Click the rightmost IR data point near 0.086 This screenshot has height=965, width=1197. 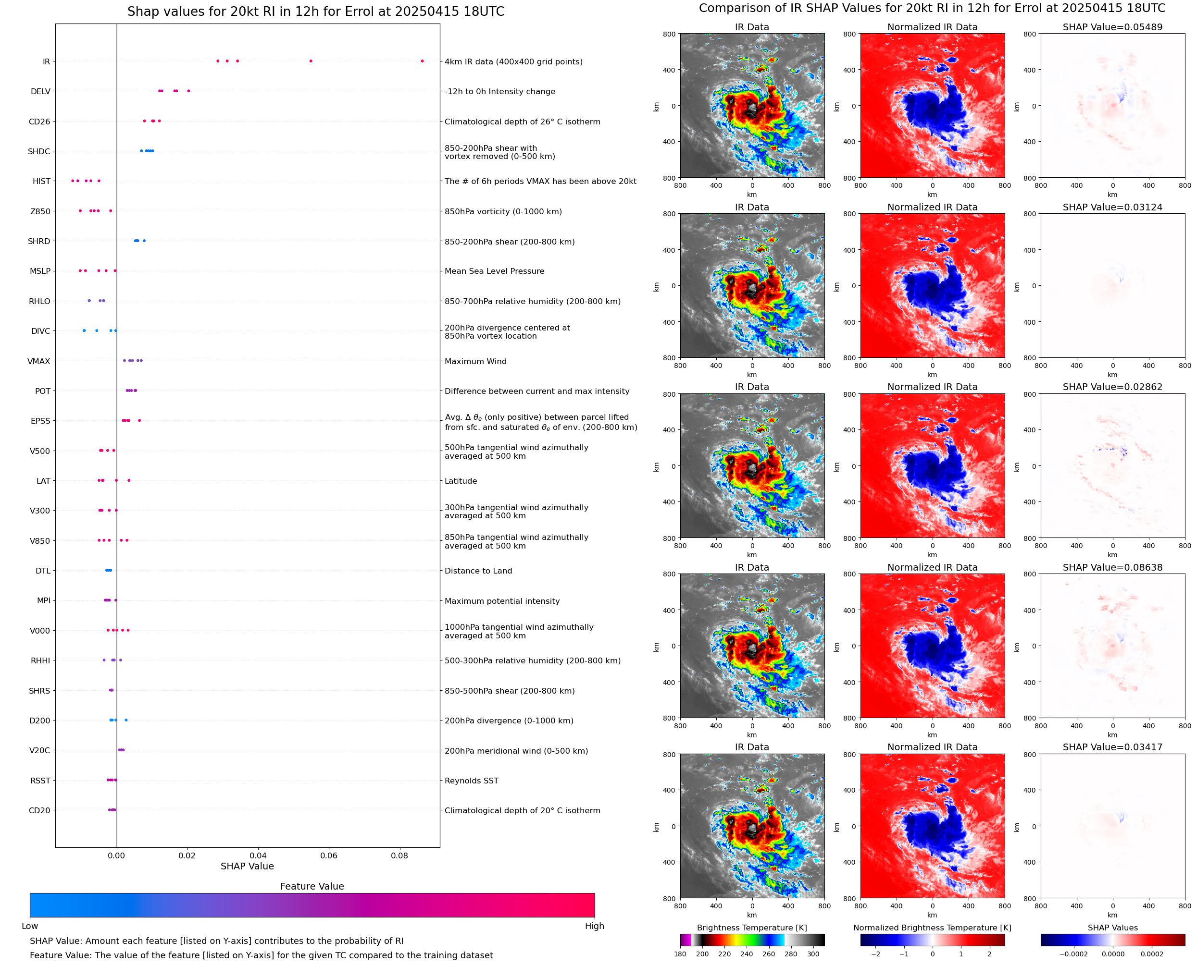tap(422, 61)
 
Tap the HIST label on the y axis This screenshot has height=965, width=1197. tap(41, 181)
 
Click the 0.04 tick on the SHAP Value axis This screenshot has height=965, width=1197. tap(258, 855)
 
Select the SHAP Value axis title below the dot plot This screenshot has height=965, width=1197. tap(247, 866)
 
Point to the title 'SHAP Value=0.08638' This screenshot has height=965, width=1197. tap(1112, 568)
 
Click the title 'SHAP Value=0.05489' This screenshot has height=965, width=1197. tap(1112, 27)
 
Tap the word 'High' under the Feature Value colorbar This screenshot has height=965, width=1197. tap(594, 926)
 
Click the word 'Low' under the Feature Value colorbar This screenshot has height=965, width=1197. tap(29, 926)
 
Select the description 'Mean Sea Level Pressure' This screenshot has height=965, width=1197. tap(494, 271)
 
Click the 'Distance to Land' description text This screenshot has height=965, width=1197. tap(478, 571)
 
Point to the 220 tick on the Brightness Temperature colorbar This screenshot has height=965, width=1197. tap(724, 954)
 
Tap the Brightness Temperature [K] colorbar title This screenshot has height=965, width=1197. tap(751, 928)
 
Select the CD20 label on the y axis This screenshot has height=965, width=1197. tap(39, 810)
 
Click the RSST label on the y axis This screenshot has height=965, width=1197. tap(40, 781)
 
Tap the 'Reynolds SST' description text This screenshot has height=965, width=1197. tap(471, 781)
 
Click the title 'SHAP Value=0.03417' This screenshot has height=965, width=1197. tap(1112, 747)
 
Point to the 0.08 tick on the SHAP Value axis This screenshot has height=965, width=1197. tap(399, 855)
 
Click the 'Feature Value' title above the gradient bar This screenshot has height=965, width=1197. tap(312, 886)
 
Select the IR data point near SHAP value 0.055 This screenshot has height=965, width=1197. tap(311, 61)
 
